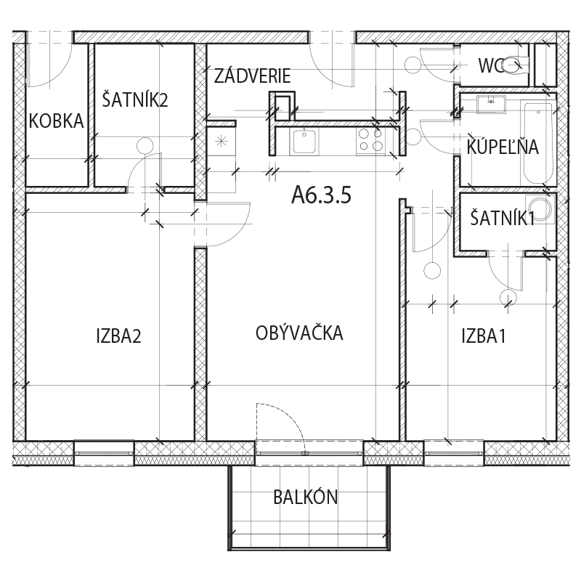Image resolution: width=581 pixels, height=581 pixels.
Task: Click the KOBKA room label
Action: point(57,121)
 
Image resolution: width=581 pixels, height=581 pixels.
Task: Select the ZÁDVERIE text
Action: point(252,76)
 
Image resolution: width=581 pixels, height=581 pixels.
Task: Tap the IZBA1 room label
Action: point(484,336)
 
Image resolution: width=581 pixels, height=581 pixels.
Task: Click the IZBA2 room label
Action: point(118,336)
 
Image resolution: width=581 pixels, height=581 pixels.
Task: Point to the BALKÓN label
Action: point(306,497)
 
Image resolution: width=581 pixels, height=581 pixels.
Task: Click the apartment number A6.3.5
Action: point(321,195)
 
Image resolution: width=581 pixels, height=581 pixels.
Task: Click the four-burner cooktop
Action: point(370,140)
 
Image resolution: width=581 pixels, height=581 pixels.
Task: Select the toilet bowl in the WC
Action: point(513,66)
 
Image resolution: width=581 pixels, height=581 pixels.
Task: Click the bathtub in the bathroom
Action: point(537,143)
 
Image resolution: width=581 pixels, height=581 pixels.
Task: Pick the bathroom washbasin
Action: point(492,104)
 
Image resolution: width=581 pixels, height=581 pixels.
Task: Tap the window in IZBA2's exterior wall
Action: point(104,453)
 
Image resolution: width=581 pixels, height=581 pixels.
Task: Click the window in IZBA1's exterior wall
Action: point(454,453)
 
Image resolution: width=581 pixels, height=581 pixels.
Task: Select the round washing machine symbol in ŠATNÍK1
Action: point(540,210)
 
